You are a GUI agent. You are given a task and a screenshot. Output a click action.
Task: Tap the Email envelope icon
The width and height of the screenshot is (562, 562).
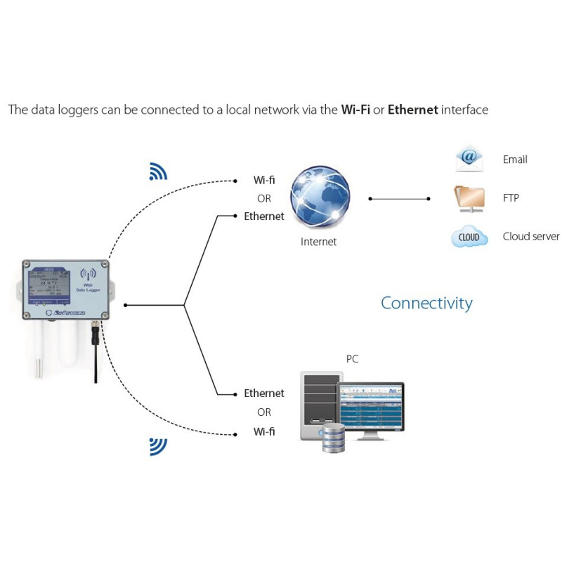pyautogui.click(x=468, y=159)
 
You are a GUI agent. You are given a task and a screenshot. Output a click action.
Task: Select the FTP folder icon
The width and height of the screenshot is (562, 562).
pyautogui.click(x=469, y=198)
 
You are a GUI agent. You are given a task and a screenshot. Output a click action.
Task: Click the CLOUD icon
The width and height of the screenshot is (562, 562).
pyautogui.click(x=469, y=237)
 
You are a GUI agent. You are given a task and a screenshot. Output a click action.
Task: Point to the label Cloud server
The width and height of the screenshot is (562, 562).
pyautogui.click(x=530, y=237)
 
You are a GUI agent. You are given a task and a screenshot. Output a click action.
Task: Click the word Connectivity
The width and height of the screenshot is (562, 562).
pyautogui.click(x=426, y=303)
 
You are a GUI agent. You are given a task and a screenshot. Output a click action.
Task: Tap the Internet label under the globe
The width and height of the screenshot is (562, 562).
pyautogui.click(x=318, y=242)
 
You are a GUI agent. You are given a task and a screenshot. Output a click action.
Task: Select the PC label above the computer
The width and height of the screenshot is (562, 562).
pyautogui.click(x=352, y=359)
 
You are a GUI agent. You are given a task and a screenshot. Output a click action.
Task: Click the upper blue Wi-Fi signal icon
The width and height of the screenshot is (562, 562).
pyautogui.click(x=158, y=172)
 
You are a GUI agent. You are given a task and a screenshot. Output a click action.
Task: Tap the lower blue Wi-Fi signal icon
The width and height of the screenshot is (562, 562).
pyautogui.click(x=158, y=445)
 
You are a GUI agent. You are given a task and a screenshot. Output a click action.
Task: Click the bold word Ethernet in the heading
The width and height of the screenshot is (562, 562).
pyautogui.click(x=412, y=110)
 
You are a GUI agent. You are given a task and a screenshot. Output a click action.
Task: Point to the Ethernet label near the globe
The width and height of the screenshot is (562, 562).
pyautogui.click(x=264, y=216)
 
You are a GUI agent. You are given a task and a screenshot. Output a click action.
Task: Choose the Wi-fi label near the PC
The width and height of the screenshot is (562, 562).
pyautogui.click(x=264, y=431)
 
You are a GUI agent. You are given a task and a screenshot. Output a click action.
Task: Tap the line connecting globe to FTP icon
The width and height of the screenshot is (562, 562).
pyautogui.click(x=399, y=199)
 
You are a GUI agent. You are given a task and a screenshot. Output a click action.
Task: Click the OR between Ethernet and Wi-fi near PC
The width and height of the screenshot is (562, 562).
pyautogui.click(x=264, y=412)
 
